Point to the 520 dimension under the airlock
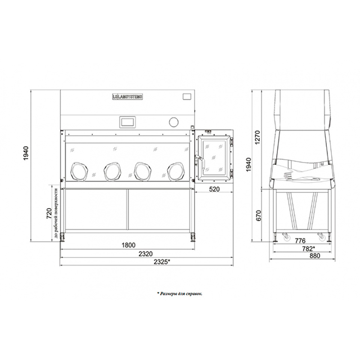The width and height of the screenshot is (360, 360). (x=214, y=190)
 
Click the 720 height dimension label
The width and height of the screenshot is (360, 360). (x=49, y=213)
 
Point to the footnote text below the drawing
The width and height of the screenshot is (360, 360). (x=179, y=293)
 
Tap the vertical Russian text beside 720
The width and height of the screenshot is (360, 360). (x=57, y=213)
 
